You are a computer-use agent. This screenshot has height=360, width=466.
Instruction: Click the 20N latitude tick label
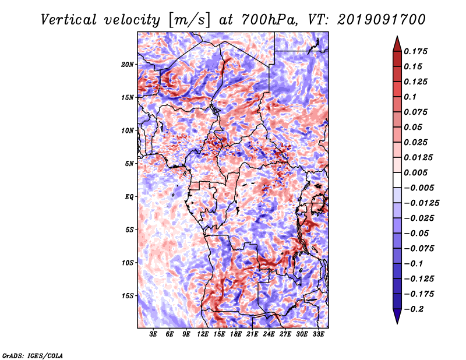click(128, 64)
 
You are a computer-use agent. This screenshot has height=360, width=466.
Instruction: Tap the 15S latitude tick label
click(128, 296)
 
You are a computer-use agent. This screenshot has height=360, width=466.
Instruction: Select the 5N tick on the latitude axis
click(129, 164)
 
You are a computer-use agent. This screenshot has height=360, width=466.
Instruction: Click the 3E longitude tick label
click(153, 334)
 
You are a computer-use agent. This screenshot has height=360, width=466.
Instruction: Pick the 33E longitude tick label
click(319, 334)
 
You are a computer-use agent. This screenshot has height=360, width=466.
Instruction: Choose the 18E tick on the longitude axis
click(236, 334)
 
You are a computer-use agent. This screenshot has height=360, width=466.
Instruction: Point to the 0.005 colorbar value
click(417, 172)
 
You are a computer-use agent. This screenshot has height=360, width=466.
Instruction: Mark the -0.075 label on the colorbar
click(421, 248)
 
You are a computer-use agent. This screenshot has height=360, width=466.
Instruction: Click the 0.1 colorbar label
click(411, 97)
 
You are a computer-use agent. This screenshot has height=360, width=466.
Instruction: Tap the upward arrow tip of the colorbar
click(396, 37)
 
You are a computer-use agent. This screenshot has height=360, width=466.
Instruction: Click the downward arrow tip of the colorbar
click(396, 322)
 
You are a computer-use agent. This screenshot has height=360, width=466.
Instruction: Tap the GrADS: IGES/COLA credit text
click(33, 355)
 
